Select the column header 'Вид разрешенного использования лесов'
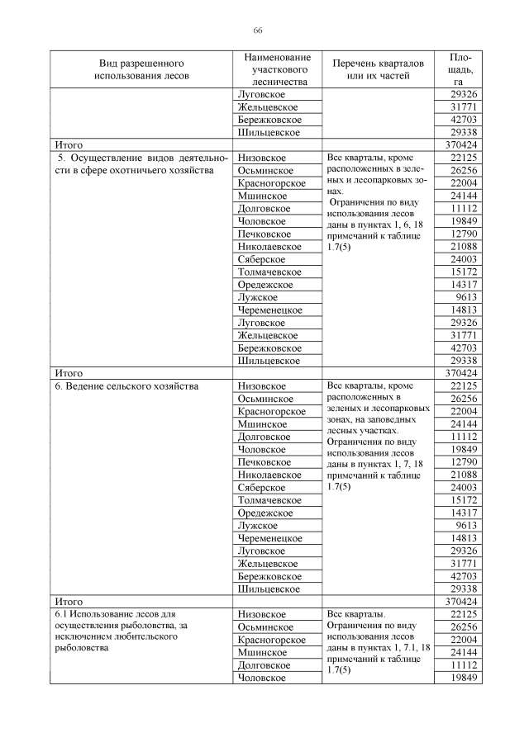coord(141,69)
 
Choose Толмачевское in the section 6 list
coord(269,500)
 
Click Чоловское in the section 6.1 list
coord(262,678)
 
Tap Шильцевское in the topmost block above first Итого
coord(269,132)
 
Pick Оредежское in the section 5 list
coord(265,285)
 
